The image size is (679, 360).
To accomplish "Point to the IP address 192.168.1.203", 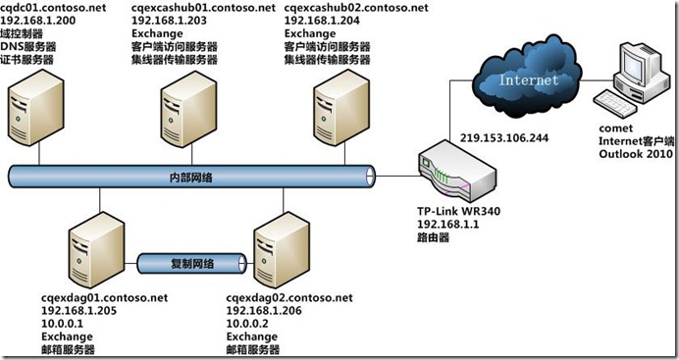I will coord(168,21).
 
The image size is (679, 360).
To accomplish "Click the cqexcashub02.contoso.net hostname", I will coord(356,8).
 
